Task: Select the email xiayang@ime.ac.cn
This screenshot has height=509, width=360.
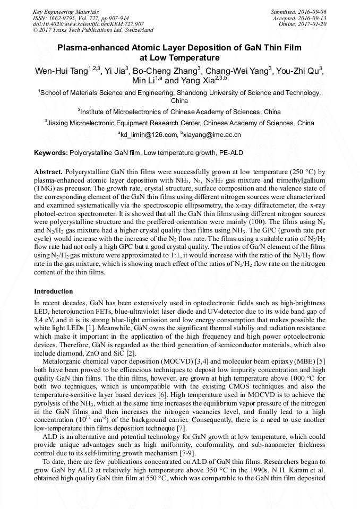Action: coord(212,135)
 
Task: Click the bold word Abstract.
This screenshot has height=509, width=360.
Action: coord(48,173)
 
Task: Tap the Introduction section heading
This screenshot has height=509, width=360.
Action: coord(54,291)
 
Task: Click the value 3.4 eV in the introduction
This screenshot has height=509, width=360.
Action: coord(45,321)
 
